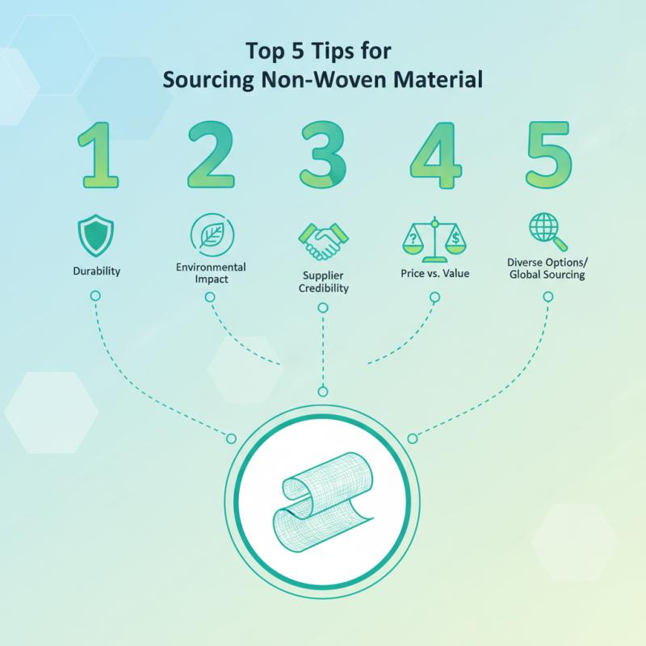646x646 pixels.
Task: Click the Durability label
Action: [95, 271]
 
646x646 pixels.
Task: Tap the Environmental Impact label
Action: [210, 273]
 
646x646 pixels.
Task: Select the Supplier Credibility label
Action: [322, 282]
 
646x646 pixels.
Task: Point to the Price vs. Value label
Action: [435, 274]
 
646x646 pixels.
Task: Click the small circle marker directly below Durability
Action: [95, 297]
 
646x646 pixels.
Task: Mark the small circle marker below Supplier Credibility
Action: [322, 308]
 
